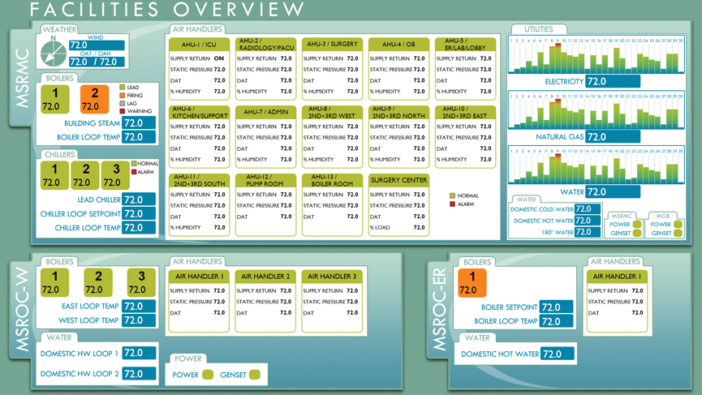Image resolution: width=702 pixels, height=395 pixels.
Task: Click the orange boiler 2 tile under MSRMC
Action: click(94, 100)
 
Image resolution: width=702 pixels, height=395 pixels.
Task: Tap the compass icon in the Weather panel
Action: click(54, 50)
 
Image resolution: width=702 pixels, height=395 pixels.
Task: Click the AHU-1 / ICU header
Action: click(199, 44)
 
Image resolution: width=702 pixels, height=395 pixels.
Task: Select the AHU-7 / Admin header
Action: click(265, 111)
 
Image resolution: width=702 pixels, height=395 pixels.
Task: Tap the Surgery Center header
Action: click(398, 180)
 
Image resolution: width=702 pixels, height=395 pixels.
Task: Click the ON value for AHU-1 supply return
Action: click(219, 58)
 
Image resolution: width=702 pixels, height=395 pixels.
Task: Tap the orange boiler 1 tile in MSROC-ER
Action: click(472, 283)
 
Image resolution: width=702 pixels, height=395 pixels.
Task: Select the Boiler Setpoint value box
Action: click(557, 307)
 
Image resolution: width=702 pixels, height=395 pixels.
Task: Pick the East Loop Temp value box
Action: click(139, 307)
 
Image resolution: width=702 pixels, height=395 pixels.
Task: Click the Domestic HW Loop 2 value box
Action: click(139, 374)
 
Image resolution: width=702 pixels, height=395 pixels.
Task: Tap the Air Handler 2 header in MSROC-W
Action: click(265, 277)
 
